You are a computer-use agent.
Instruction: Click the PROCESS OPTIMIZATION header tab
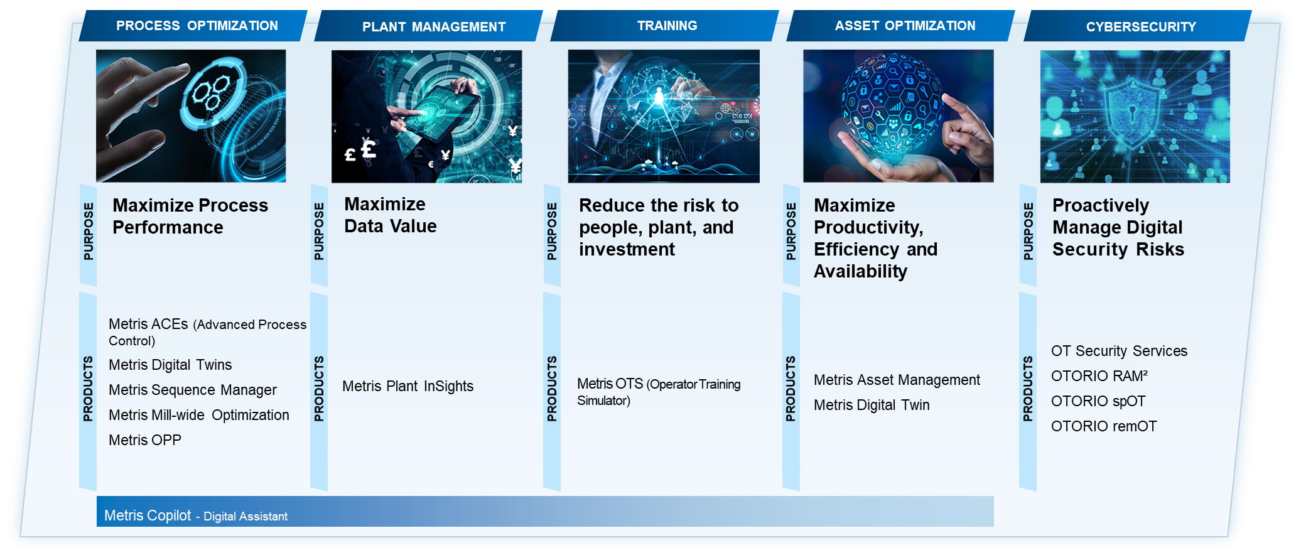[x=193, y=26]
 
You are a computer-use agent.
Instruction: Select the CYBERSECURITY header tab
[x=1138, y=26]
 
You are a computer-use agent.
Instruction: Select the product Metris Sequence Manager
[x=192, y=390]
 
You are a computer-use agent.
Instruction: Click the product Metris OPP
[x=145, y=440]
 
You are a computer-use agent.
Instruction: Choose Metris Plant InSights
[x=408, y=386]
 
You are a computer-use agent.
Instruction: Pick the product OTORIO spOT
[x=1098, y=401]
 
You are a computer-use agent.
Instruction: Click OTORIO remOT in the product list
[x=1104, y=426]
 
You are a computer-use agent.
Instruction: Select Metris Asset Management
[x=897, y=380]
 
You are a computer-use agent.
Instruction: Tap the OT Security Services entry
[x=1119, y=351]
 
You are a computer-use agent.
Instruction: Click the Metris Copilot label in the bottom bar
[x=148, y=515]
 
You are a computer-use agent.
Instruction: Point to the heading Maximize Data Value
[x=390, y=215]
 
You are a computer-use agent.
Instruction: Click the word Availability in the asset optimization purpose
[x=860, y=271]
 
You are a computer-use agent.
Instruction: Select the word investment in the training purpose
[x=627, y=249]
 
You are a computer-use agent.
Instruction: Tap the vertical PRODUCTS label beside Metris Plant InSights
[x=319, y=389]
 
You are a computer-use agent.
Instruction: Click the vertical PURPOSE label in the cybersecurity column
[x=1028, y=231]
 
